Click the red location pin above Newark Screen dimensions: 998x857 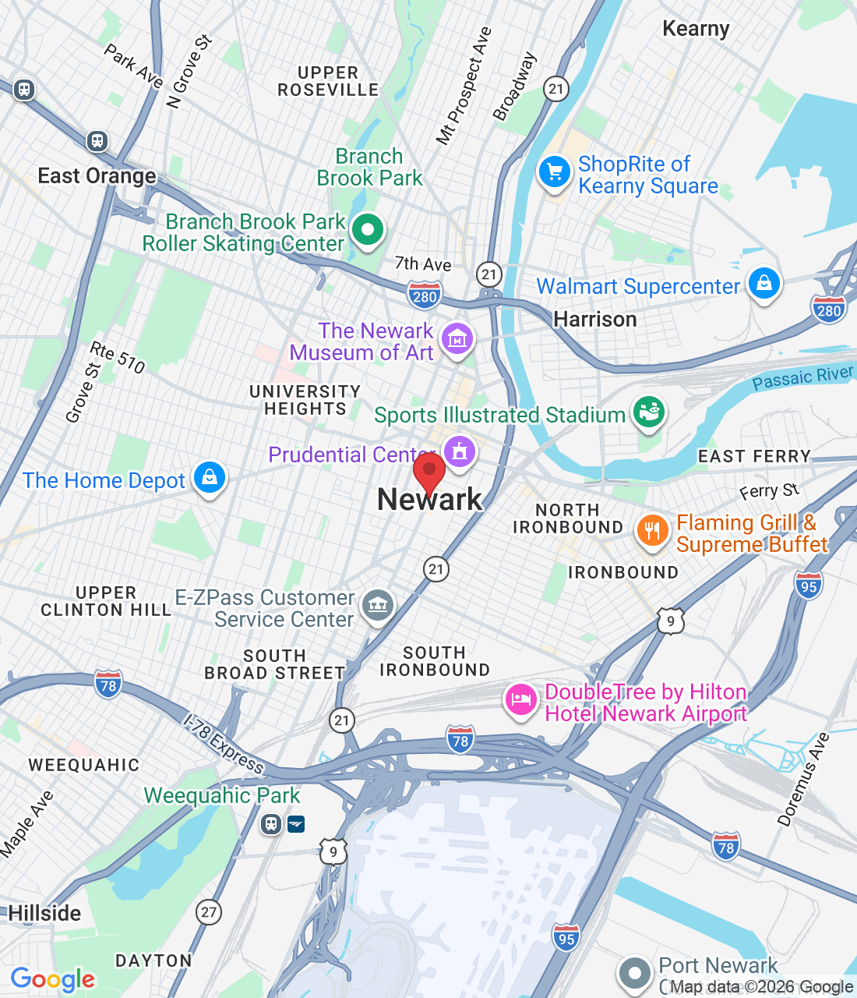tap(428, 471)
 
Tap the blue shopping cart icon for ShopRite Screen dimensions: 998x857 tap(554, 172)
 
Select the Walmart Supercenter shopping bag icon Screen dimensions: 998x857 tap(764, 283)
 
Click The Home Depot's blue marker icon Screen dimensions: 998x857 tap(209, 477)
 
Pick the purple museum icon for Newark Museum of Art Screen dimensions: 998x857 tap(457, 339)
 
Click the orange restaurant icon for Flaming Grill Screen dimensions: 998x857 tap(652, 531)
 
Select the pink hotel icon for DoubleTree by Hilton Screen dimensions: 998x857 tap(520, 699)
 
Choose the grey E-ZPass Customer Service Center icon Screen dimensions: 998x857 tap(378, 604)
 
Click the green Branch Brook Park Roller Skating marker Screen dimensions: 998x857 tap(367, 230)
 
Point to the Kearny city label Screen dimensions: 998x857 tap(696, 30)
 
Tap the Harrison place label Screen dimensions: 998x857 tap(595, 319)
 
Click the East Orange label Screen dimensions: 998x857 tap(97, 176)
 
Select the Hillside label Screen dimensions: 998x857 tap(44, 913)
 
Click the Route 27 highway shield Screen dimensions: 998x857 tap(208, 911)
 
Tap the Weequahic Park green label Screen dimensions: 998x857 tap(222, 795)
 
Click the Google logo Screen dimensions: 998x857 tap(53, 979)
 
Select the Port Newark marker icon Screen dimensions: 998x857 tap(634, 973)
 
